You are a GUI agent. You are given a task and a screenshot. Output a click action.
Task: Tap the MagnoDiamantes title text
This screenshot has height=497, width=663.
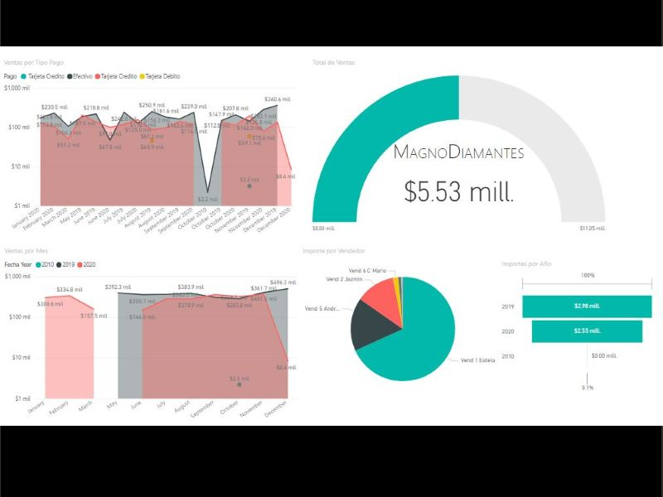(458, 152)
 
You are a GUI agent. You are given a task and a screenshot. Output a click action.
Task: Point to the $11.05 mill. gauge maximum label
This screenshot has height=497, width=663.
(592, 228)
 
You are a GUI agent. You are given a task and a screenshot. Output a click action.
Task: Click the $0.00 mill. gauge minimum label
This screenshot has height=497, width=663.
(323, 228)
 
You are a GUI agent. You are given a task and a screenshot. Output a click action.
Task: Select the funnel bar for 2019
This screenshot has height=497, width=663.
(586, 306)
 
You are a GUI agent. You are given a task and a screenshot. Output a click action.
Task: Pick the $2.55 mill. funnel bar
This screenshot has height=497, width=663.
(586, 331)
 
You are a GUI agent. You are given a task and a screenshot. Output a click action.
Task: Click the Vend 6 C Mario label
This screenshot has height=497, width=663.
(367, 270)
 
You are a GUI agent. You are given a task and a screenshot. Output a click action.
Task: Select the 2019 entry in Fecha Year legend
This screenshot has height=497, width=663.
(67, 263)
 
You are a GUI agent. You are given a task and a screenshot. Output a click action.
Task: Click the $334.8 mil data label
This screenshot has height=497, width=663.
(68, 289)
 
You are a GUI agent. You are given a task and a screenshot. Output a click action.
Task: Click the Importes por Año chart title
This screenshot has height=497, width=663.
(525, 263)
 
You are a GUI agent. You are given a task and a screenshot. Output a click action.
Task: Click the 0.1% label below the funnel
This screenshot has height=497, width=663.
(587, 388)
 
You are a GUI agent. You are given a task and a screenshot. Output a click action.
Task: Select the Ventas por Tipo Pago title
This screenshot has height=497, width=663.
(34, 62)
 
